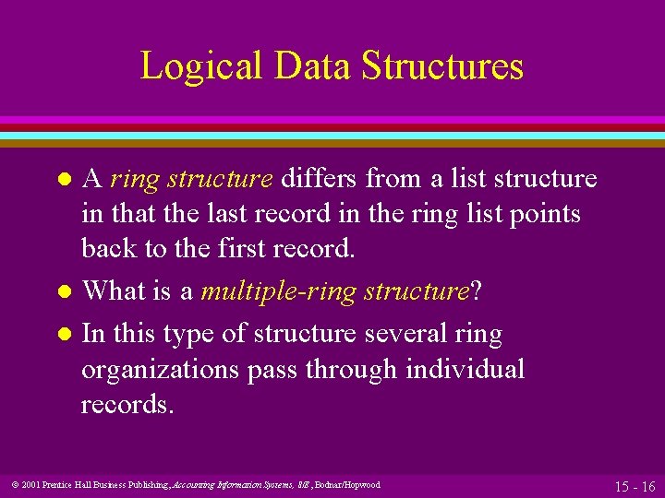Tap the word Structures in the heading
442,66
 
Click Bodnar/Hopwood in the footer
349,485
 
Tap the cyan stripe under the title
332,135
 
